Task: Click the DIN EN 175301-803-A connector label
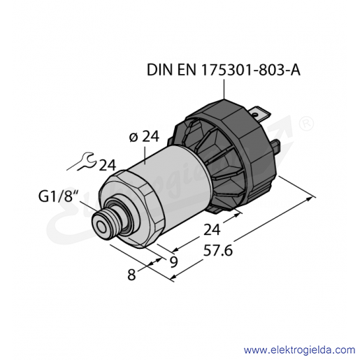point(224,70)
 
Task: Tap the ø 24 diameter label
point(144,136)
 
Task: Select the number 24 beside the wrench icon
point(108,166)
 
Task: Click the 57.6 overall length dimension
point(218,251)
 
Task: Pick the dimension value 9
point(174,262)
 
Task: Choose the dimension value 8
point(131,274)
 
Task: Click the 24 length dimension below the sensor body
point(212,229)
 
